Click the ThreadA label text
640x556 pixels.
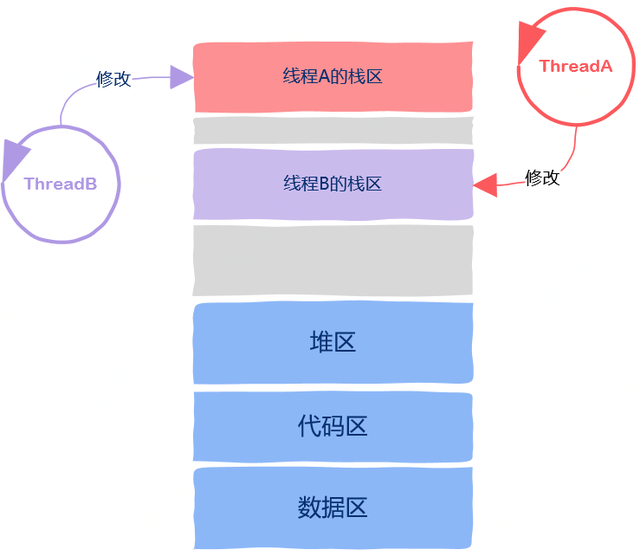coord(574,66)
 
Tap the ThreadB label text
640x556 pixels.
coord(60,184)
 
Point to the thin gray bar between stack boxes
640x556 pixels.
coord(333,131)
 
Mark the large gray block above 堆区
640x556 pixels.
coord(333,260)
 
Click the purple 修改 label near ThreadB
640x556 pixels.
coord(113,79)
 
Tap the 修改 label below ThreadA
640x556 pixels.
coord(543,178)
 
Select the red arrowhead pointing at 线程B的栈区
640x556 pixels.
coord(486,184)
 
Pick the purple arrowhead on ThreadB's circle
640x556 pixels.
coord(15,158)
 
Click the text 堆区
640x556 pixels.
coord(333,342)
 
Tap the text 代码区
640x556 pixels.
coord(333,426)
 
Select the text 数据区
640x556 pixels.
coord(333,507)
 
